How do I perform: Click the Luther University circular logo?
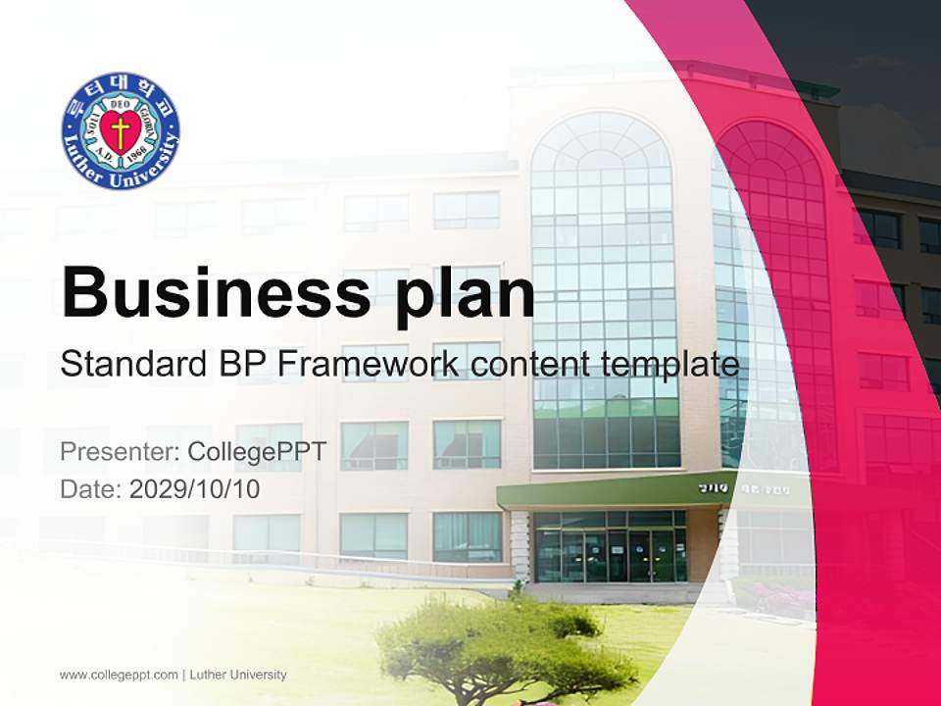(121, 130)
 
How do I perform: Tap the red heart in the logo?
(121, 132)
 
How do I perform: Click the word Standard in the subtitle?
(124, 365)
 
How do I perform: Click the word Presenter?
(116, 452)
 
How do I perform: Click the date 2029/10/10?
(194, 488)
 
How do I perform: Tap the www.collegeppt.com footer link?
(119, 675)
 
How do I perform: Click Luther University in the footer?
(237, 675)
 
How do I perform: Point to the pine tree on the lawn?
(505, 642)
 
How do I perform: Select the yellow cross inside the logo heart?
(121, 131)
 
